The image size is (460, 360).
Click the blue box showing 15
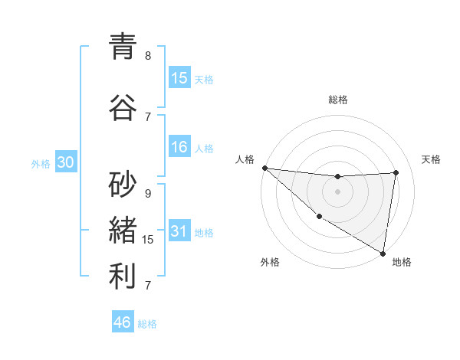(179, 78)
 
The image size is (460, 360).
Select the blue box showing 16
(179, 147)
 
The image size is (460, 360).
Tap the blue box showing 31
(179, 231)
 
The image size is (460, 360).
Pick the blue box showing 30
(65, 162)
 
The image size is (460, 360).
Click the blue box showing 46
(123, 322)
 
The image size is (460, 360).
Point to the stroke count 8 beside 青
(148, 56)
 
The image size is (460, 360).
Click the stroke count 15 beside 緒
(148, 240)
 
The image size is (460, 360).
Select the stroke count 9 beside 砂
(148, 194)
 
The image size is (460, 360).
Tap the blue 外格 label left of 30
(41, 163)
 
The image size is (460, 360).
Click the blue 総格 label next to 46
(147, 324)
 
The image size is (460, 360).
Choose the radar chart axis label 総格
(338, 100)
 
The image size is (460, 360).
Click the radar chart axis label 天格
(432, 159)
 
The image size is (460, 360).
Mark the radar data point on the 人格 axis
(264, 168)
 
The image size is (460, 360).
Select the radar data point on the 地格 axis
(383, 253)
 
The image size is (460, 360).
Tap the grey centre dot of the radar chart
(337, 191)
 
